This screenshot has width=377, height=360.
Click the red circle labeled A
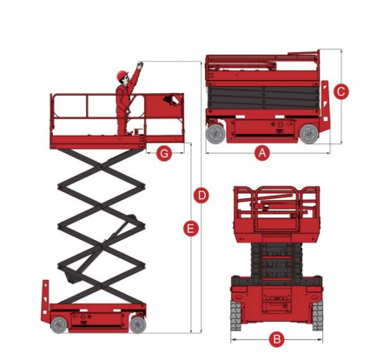(x=262, y=152)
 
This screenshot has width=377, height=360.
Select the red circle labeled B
(x=277, y=339)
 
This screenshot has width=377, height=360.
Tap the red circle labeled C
(x=341, y=91)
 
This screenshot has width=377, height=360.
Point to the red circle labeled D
(x=202, y=196)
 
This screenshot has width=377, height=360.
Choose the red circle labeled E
(x=191, y=229)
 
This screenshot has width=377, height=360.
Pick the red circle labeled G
(x=164, y=153)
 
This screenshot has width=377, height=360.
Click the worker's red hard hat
(x=122, y=75)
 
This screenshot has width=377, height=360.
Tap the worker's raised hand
(x=140, y=65)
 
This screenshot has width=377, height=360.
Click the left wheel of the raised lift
(x=59, y=325)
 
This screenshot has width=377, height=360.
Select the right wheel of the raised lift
(x=137, y=324)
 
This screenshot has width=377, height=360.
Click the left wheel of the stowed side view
(x=215, y=134)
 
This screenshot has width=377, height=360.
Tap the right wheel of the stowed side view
(x=309, y=134)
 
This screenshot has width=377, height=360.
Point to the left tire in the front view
(x=235, y=316)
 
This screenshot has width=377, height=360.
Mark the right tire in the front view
(x=318, y=316)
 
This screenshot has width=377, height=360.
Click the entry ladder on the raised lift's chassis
(x=45, y=301)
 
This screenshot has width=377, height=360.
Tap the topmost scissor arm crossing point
(x=101, y=167)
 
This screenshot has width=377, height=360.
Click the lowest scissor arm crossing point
(x=101, y=286)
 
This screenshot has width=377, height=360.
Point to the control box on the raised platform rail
(x=173, y=100)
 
